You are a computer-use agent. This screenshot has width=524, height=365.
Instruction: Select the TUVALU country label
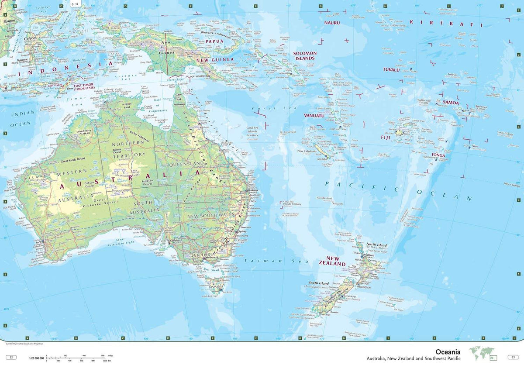pos(391,69)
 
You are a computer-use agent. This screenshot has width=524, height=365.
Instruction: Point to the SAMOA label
pos(451,103)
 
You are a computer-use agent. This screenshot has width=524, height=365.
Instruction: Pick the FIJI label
pos(386,138)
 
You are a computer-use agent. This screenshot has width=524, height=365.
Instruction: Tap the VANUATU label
pos(314,116)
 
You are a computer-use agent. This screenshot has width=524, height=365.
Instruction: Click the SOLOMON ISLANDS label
pos(304,55)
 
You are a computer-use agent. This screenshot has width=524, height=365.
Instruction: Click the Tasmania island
pos(217,286)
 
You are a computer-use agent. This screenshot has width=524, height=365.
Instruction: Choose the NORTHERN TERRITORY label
pos(128,149)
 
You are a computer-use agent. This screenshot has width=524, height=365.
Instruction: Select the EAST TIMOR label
pos(83,87)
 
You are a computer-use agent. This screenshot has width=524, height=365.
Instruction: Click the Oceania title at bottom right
pos(448,351)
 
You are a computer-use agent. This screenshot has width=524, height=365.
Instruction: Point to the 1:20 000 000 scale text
pos(37,358)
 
